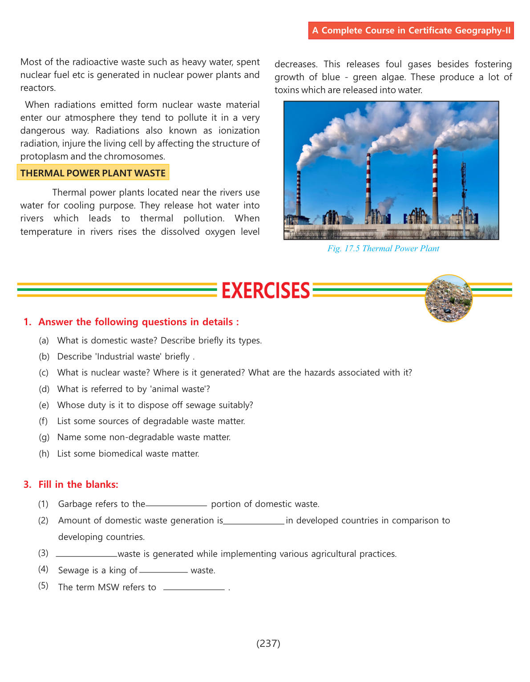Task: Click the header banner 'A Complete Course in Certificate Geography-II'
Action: [411, 30]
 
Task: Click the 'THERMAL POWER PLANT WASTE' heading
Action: [93, 173]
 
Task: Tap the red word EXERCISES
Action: [266, 290]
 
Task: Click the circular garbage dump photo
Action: [449, 298]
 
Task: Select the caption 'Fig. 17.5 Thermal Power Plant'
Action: [383, 249]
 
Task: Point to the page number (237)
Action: [268, 643]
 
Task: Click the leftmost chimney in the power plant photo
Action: [299, 192]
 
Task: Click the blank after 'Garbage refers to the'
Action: [176, 505]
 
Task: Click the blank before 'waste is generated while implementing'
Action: [86, 555]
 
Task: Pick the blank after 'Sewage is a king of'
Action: [163, 571]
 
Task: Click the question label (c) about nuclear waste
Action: [44, 373]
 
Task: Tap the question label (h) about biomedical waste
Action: [44, 453]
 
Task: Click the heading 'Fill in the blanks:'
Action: [78, 485]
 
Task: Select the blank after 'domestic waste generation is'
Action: [254, 521]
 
